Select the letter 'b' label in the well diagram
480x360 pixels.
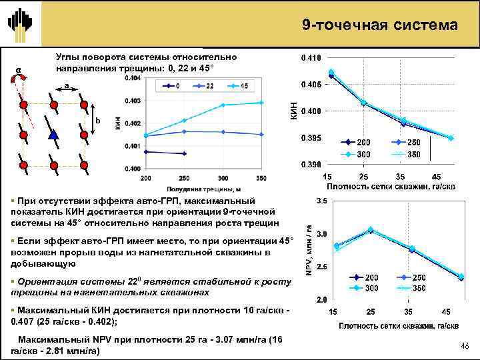[x=97, y=120]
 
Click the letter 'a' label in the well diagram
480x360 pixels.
[x=67, y=85]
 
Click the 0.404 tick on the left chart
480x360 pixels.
[x=133, y=78]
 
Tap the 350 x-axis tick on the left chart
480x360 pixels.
[x=261, y=178]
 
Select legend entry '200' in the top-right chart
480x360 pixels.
[x=357, y=143]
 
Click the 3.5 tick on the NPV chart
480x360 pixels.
[x=321, y=200]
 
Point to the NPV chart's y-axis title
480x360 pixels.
[x=309, y=249]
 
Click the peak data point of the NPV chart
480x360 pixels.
[x=371, y=229]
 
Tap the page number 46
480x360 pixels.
[x=465, y=345]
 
